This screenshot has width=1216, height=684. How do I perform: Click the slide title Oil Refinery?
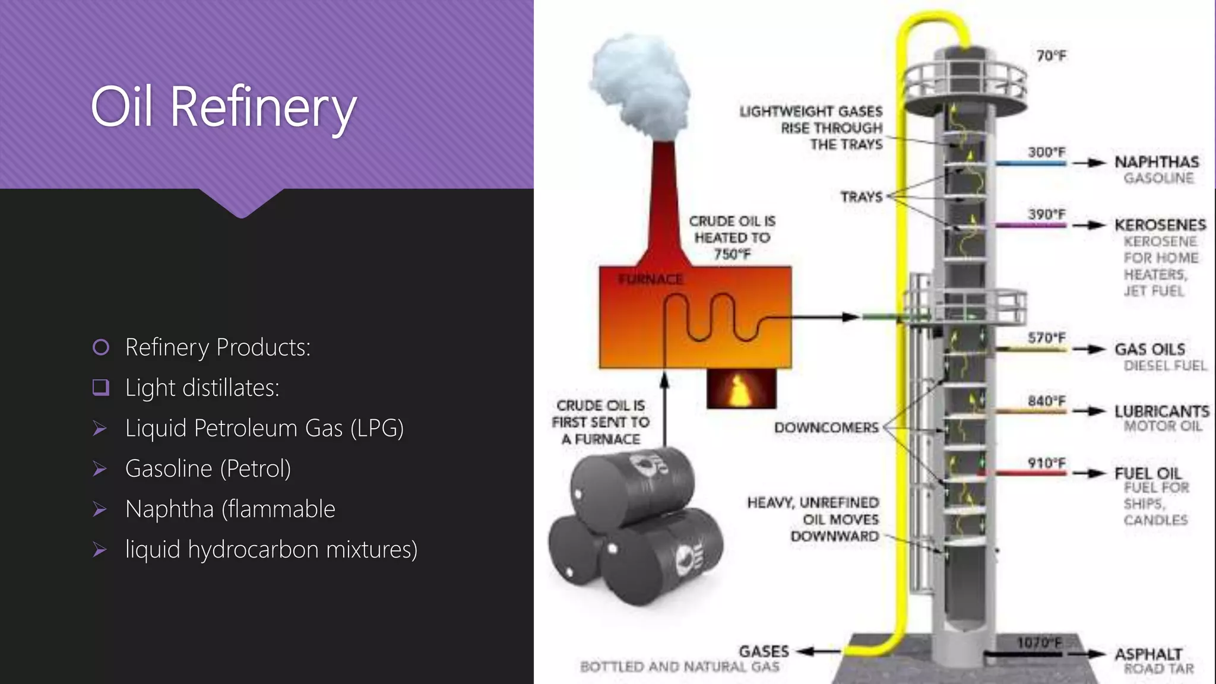[223, 107]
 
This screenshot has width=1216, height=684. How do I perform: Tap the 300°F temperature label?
[1046, 152]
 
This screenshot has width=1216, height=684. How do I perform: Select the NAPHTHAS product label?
[1156, 161]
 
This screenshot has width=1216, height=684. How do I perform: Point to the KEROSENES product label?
[1160, 224]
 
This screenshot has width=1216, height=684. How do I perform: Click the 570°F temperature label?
[1046, 337]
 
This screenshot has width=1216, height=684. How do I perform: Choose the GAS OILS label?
[1149, 349]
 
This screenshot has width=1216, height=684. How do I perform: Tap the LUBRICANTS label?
[1161, 411]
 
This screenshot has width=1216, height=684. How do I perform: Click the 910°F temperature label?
[1046, 463]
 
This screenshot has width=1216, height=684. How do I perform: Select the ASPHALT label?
[1148, 654]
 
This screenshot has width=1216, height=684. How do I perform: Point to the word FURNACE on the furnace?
[650, 279]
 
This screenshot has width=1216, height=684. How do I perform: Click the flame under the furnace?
[740, 389]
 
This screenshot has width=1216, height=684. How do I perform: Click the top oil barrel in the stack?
[632, 487]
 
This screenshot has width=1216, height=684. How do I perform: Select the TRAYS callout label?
[861, 197]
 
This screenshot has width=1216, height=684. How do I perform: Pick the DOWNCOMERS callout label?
[826, 427]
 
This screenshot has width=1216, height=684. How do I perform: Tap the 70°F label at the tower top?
[1051, 56]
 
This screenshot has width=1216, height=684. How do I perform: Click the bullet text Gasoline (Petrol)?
[208, 468]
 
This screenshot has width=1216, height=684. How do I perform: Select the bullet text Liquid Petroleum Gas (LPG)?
[264, 428]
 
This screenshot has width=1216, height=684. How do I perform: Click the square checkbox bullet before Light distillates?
[101, 388]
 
